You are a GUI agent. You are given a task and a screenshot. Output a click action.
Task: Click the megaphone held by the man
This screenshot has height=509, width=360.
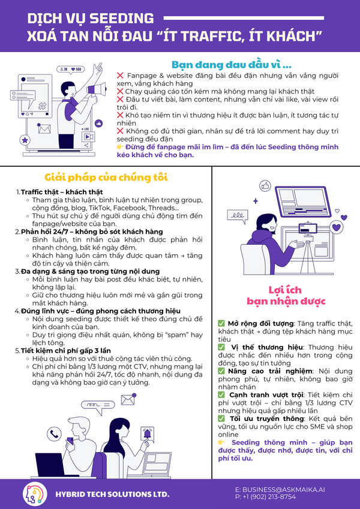[97, 89]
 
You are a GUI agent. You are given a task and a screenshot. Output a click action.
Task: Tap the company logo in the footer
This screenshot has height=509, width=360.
[33, 494]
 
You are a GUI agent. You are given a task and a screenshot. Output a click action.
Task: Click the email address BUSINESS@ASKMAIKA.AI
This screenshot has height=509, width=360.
[280, 490]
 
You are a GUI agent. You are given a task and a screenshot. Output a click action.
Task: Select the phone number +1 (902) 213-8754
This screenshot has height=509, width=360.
[265, 497]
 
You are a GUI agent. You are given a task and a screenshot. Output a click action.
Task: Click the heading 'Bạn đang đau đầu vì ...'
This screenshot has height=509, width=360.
[232, 65]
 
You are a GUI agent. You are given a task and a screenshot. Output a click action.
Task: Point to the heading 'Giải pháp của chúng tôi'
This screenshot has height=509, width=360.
[106, 177]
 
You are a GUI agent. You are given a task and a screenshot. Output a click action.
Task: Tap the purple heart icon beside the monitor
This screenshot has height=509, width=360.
[336, 227]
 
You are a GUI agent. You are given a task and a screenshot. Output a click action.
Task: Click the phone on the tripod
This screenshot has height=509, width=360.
[308, 228]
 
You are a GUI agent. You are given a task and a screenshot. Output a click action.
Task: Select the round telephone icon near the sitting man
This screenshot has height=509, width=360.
[54, 433]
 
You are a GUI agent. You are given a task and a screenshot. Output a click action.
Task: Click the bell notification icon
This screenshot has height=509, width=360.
[147, 433]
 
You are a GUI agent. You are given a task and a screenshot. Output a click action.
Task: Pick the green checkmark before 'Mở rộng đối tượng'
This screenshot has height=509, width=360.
[221, 323]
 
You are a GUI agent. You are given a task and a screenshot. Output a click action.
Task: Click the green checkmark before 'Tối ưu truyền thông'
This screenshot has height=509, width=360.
[221, 418]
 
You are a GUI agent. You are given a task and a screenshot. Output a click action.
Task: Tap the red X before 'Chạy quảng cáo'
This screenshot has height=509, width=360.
[120, 92]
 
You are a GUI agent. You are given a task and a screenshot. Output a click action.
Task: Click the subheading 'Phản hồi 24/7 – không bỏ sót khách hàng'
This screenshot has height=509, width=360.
[92, 232]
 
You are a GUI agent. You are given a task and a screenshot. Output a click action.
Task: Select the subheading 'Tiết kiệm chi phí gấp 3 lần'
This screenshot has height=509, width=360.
[66, 351]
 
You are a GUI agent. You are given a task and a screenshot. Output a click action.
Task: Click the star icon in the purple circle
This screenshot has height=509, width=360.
[25, 140]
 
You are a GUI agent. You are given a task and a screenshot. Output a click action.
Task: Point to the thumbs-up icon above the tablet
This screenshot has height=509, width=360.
[265, 186]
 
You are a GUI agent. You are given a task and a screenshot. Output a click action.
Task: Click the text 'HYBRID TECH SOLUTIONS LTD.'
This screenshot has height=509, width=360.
[112, 495]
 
